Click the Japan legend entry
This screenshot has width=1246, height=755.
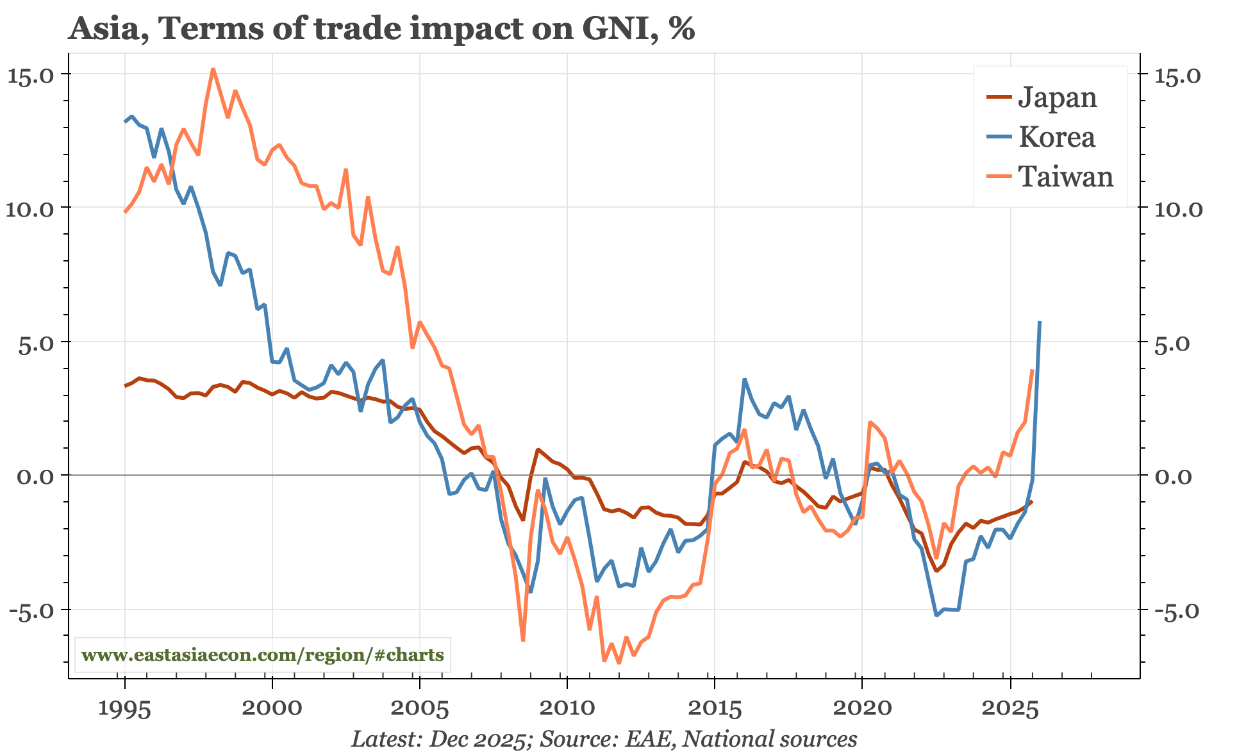(x=1041, y=97)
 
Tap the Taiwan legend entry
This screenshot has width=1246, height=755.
(x=1049, y=177)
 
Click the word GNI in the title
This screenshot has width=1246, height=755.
(x=615, y=29)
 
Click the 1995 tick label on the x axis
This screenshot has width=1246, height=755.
(x=124, y=709)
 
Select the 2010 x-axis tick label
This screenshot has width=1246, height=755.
(x=567, y=709)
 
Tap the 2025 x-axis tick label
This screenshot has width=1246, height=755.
(x=1009, y=709)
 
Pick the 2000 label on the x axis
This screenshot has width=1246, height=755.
(x=272, y=709)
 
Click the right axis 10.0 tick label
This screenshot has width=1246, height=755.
(x=1181, y=209)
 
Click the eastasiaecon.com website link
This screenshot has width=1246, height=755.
(x=263, y=655)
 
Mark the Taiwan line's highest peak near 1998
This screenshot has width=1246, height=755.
(x=213, y=69)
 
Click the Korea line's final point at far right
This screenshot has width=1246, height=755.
(x=1039, y=322)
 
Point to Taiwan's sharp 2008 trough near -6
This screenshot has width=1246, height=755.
(x=523, y=640)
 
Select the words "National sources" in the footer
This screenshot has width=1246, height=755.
(x=769, y=739)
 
